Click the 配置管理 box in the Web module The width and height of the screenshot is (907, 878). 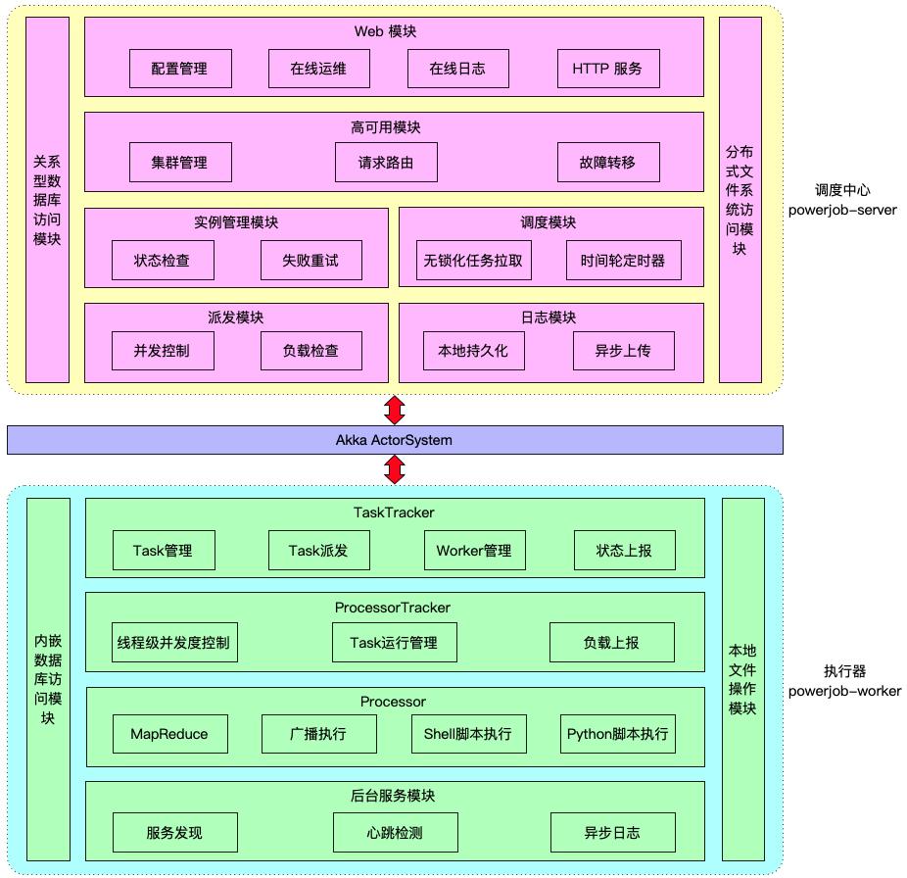tap(179, 69)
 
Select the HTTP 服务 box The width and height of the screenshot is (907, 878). tap(607, 69)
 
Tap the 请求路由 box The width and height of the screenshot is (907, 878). tap(386, 163)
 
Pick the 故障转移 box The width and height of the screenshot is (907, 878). tap(607, 163)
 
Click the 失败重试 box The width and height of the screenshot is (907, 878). tap(310, 261)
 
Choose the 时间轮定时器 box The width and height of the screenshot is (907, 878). tap(622, 261)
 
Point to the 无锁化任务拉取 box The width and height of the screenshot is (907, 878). tap(472, 261)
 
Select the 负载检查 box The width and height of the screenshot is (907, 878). tap(310, 350)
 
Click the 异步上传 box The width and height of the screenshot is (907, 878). tap(622, 350)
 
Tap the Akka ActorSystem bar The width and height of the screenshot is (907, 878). tap(395, 440)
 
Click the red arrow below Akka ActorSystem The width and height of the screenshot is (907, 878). tap(395, 470)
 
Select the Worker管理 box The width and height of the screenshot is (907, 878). tap(474, 551)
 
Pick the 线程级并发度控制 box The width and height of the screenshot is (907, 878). tap(173, 643)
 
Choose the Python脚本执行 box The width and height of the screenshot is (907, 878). tap(618, 733)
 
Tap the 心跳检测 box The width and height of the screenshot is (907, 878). tap(395, 833)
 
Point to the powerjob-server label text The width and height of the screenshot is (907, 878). tap(842, 210)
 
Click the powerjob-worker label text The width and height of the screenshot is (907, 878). tap(844, 691)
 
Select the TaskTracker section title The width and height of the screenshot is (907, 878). tap(394, 512)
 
